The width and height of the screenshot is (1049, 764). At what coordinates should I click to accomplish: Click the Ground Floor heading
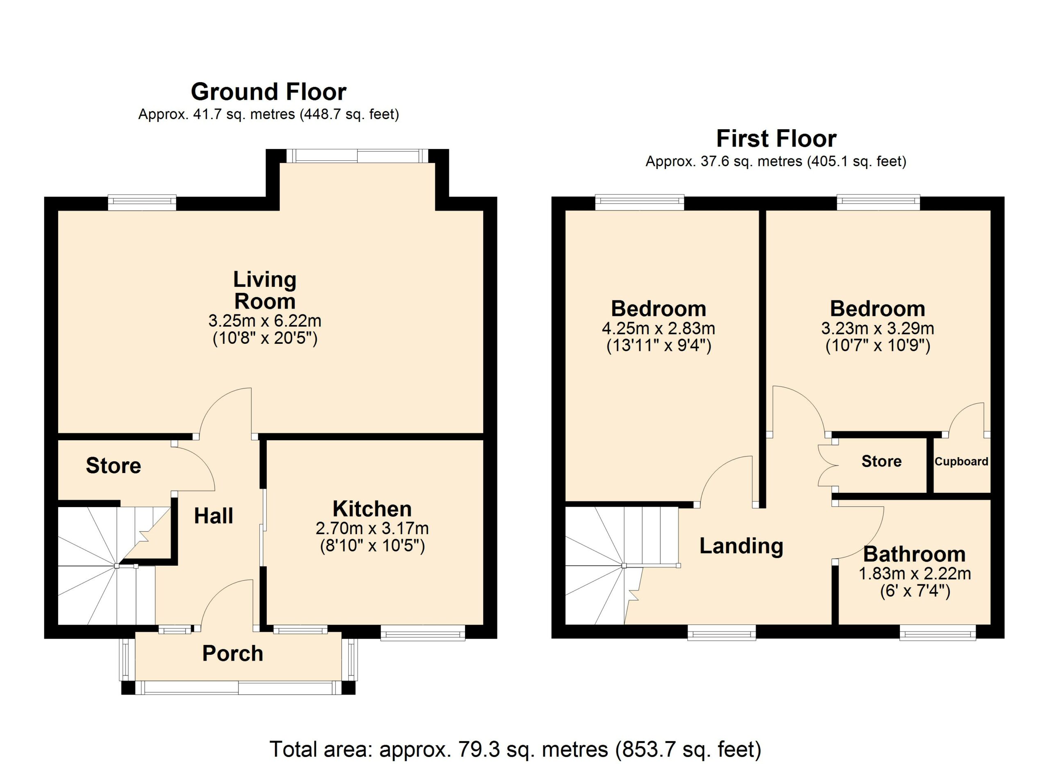[268, 91]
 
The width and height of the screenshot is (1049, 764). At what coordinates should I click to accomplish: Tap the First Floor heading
[776, 138]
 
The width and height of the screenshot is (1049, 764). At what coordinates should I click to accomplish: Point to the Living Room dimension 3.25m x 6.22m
[265, 320]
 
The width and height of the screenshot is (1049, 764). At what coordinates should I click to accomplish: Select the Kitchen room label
[372, 509]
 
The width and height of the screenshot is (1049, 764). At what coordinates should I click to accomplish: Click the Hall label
[213, 516]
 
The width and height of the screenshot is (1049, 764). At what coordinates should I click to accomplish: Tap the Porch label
[233, 653]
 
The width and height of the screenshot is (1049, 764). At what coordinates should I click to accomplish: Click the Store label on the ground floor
[114, 465]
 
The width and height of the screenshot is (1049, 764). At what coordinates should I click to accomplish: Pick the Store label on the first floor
[881, 461]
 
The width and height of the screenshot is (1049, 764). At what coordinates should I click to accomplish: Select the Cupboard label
[961, 462]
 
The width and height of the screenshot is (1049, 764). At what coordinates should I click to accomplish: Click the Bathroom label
[915, 554]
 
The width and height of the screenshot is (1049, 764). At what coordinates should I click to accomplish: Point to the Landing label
[741, 546]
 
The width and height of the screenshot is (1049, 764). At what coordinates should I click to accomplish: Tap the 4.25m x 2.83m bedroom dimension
[658, 329]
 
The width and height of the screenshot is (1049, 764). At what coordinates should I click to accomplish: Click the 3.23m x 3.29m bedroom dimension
[877, 329]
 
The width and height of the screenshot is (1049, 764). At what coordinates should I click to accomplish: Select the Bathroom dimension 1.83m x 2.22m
[915, 574]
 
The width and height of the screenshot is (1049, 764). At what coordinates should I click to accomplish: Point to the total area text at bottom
[515, 749]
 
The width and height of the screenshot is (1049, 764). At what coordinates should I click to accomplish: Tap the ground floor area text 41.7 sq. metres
[268, 114]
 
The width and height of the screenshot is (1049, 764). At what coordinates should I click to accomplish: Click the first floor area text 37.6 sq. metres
[776, 161]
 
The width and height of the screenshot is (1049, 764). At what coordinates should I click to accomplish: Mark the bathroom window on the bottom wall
[938, 633]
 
